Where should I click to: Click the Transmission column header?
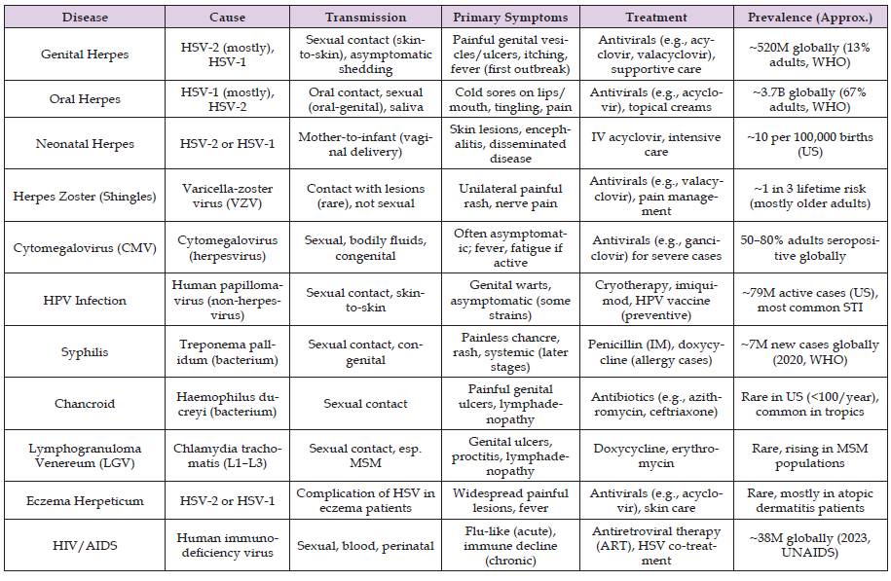tap(365, 18)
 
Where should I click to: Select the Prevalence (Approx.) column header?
tap(815, 18)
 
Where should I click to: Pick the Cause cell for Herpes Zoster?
tap(227, 196)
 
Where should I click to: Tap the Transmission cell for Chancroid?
tap(365, 404)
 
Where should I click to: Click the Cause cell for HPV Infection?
tap(227, 300)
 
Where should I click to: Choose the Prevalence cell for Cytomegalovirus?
tap(815, 248)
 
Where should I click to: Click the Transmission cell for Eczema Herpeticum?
tap(365, 500)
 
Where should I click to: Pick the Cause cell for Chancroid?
tap(227, 404)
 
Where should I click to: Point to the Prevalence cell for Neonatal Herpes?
tap(815, 143)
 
